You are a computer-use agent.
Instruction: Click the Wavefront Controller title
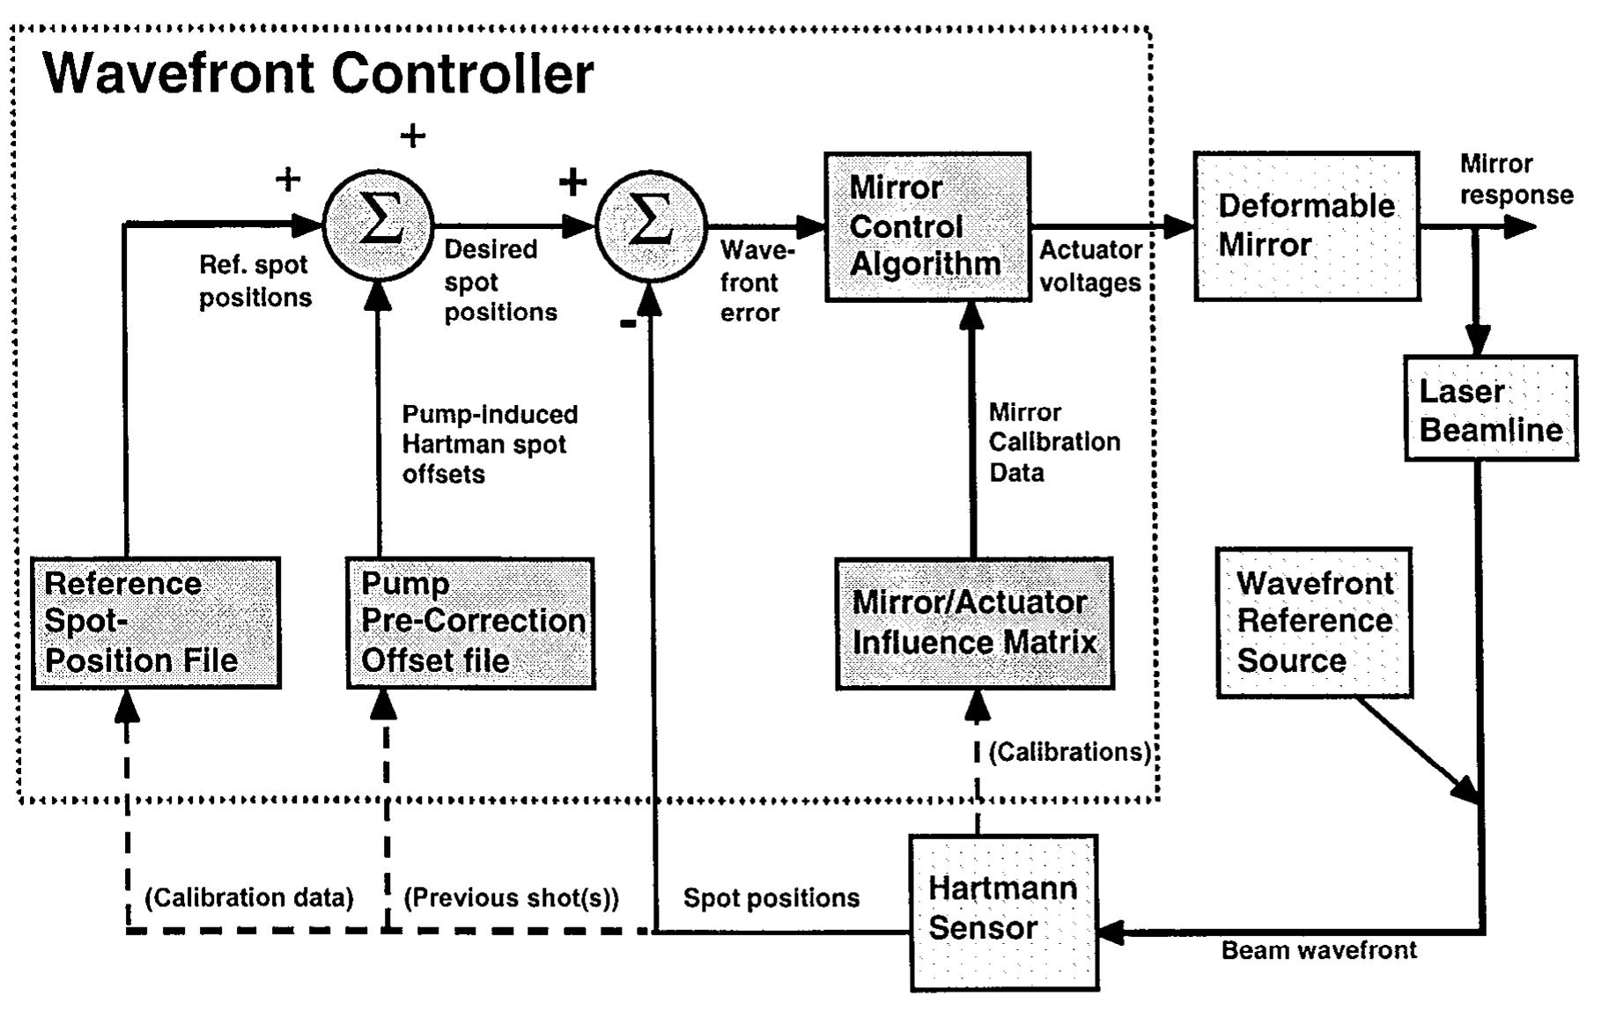point(318,73)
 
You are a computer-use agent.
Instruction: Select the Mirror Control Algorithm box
point(927,227)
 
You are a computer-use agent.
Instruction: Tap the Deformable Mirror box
point(1306,226)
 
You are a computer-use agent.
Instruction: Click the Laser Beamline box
point(1490,409)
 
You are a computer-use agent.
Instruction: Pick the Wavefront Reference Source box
point(1314,623)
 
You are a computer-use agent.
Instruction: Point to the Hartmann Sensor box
point(1003,912)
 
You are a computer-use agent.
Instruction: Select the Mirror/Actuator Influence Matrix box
point(974,623)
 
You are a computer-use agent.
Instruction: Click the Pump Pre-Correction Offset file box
point(471,623)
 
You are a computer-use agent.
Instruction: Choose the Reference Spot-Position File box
point(156,623)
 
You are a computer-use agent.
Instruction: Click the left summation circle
point(379,225)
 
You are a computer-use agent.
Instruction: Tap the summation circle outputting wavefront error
point(651,225)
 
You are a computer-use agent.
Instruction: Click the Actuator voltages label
point(1090,267)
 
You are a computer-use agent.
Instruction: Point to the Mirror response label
point(1516,180)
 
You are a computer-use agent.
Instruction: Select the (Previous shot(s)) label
point(511,898)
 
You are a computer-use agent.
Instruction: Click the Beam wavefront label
point(1318,950)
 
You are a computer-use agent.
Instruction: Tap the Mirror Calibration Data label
point(1053,442)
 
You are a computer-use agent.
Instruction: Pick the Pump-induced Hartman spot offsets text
point(490,445)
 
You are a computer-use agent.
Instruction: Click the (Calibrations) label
point(1069,752)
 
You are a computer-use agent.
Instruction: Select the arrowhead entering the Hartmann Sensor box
point(1111,932)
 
